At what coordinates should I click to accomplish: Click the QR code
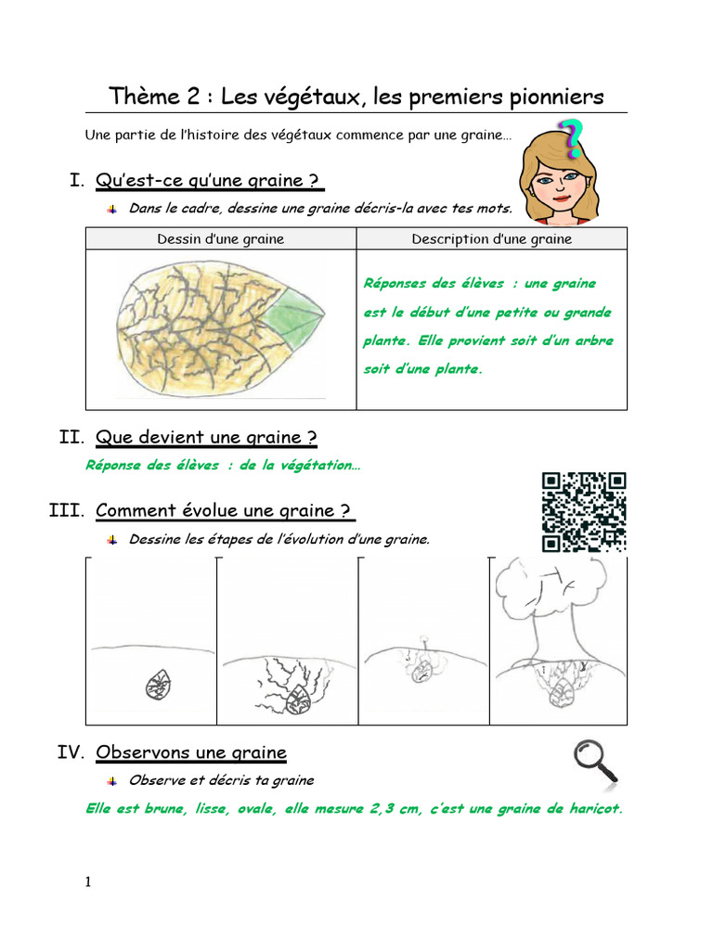pyautogui.click(x=584, y=512)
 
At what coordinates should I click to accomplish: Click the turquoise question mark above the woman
pyautogui.click(x=571, y=139)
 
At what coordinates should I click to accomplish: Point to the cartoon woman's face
pyautogui.click(x=558, y=182)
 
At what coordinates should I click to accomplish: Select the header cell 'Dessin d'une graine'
pyautogui.click(x=221, y=238)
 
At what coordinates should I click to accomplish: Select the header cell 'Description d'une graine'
pyautogui.click(x=492, y=238)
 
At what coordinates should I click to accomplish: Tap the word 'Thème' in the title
pyautogui.click(x=144, y=96)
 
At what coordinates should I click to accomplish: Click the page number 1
pyautogui.click(x=88, y=881)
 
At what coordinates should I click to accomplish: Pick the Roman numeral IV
pyautogui.click(x=71, y=751)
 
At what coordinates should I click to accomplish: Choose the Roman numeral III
pyautogui.click(x=66, y=510)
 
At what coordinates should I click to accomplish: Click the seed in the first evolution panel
pyautogui.click(x=159, y=685)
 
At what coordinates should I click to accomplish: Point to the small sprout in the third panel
pyautogui.click(x=425, y=647)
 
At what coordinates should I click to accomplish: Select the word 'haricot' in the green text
pyautogui.click(x=594, y=808)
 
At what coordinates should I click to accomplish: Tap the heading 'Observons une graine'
pyautogui.click(x=191, y=752)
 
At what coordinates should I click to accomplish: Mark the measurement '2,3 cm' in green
pyautogui.click(x=394, y=809)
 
